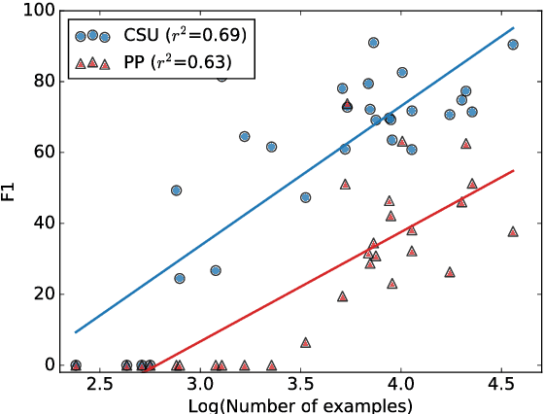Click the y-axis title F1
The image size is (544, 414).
pyautogui.click(x=9, y=188)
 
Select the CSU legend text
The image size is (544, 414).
pyautogui.click(x=183, y=36)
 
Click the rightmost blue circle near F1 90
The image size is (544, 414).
pyautogui.click(x=513, y=45)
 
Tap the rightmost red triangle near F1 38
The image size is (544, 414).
pyautogui.click(x=513, y=231)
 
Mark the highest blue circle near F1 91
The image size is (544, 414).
pyautogui.click(x=373, y=43)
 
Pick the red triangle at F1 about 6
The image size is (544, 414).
pyautogui.click(x=305, y=342)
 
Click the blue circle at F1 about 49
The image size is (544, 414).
pyautogui.click(x=176, y=190)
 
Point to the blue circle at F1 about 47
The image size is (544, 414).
pyautogui.click(x=305, y=197)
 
